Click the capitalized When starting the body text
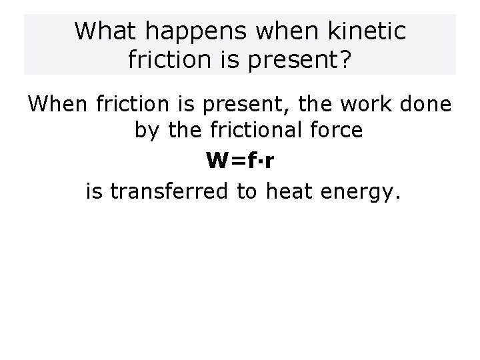[x=58, y=105]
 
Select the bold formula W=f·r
[x=238, y=161]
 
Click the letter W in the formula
[x=217, y=161]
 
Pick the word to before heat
[x=247, y=192]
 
